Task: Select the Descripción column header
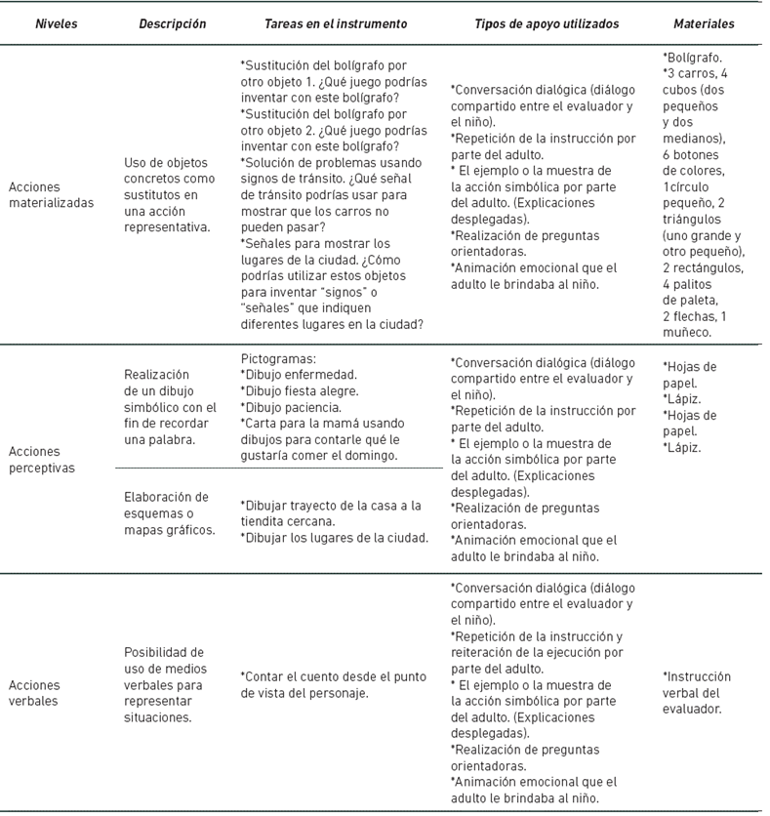coord(173,23)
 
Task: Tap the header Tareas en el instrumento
coord(337,23)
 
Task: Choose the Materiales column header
coord(705,23)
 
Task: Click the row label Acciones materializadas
coord(51,195)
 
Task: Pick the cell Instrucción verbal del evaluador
coord(697,692)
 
